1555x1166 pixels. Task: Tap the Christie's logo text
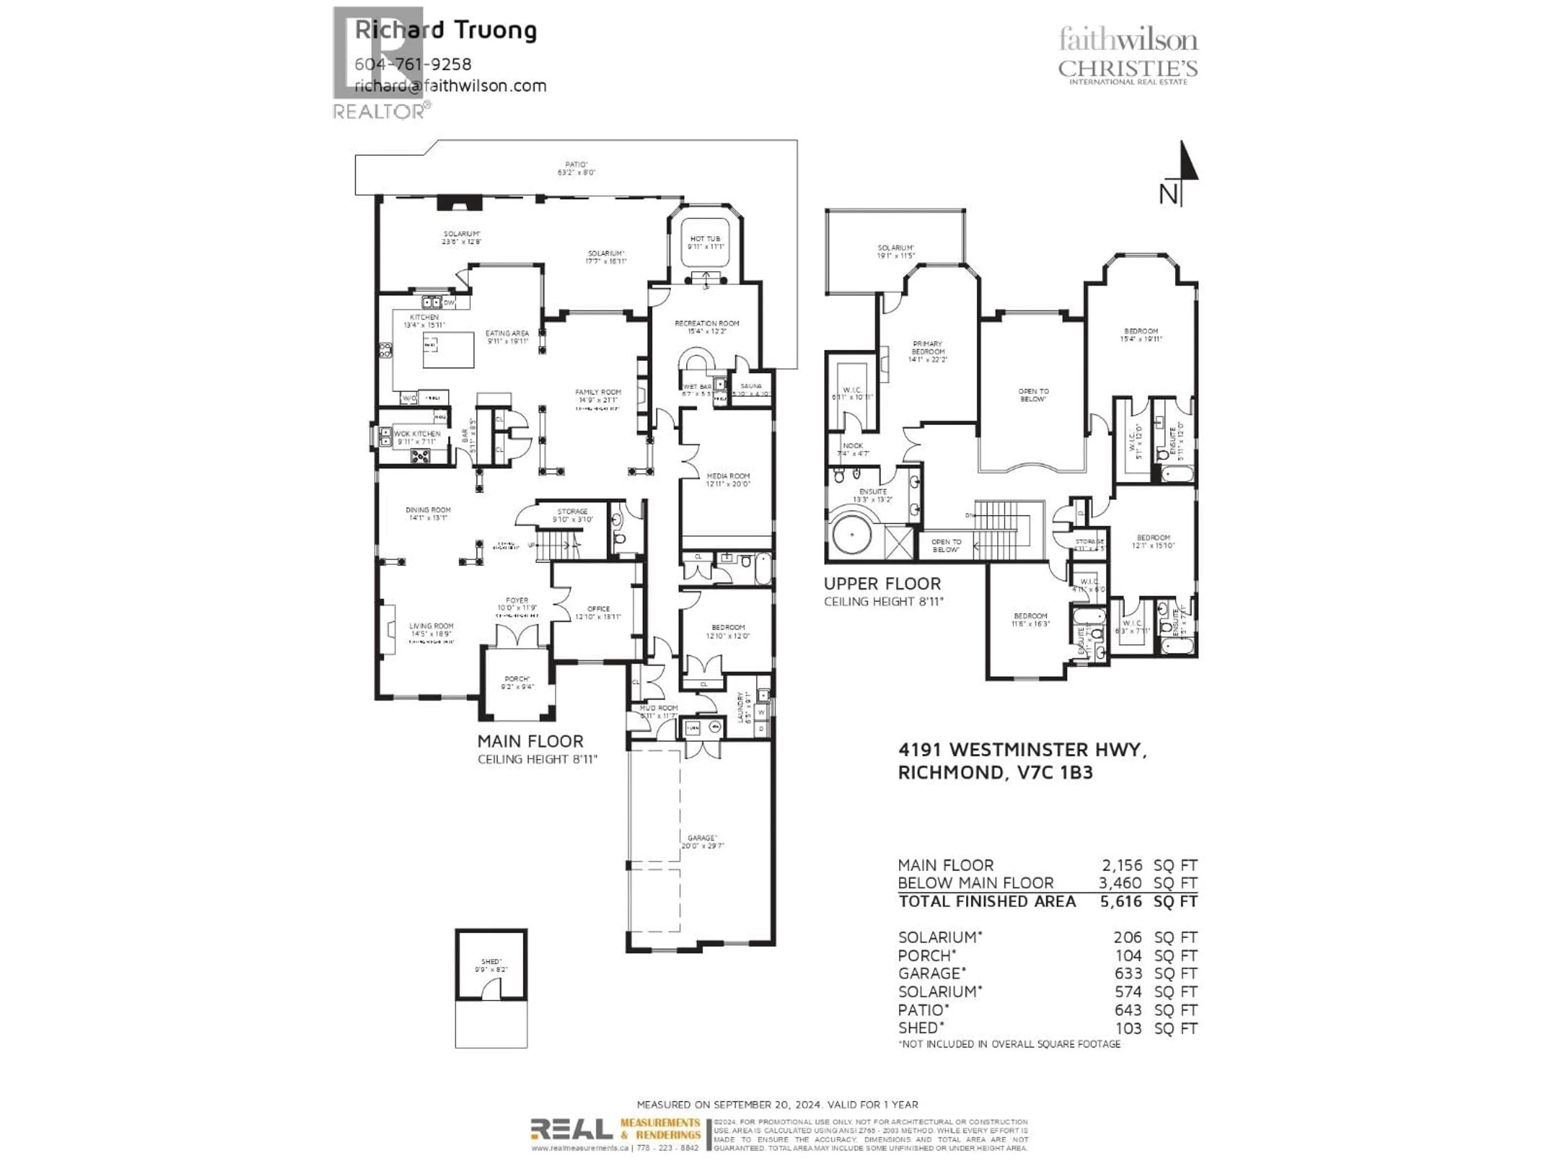click(1128, 69)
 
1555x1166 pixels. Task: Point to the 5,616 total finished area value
click(1120, 902)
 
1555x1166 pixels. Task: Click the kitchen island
click(448, 349)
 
